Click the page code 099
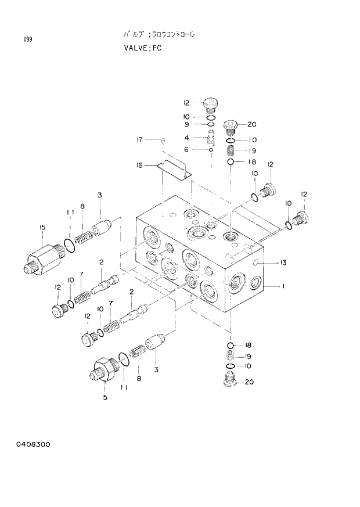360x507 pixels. [28, 39]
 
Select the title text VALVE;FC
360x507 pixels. [142, 48]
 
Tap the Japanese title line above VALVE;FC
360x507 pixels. [159, 35]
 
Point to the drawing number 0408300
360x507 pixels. [33, 444]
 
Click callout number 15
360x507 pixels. [42, 227]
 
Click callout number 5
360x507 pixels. [105, 397]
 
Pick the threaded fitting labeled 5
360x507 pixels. [103, 369]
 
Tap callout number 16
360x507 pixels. [139, 166]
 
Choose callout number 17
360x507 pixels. [139, 139]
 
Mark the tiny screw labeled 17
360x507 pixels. [163, 141]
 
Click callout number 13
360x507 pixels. [283, 263]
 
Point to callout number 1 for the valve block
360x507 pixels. [283, 286]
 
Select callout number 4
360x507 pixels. [186, 138]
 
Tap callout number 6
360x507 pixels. [186, 149]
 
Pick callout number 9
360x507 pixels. [186, 124]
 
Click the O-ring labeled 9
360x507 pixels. [211, 124]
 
